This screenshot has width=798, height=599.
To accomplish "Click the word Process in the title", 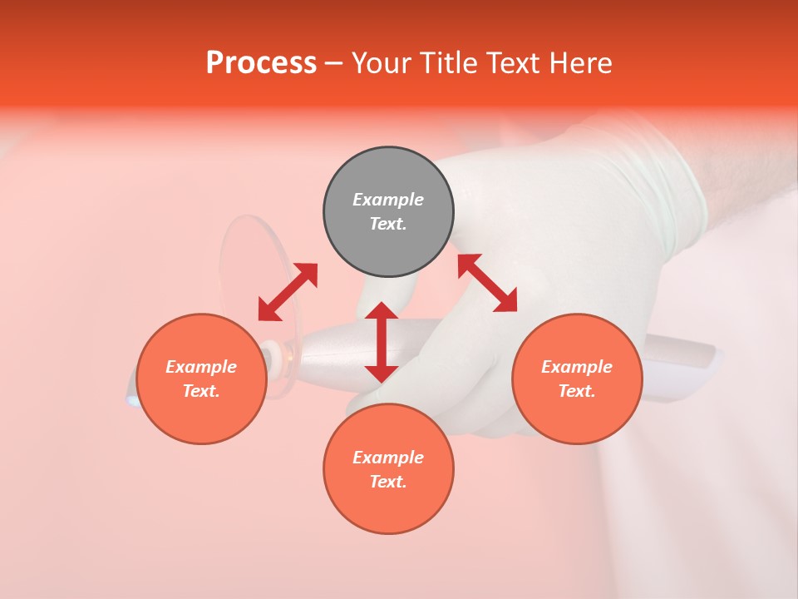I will [261, 63].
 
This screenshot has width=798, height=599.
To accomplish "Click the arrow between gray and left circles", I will [288, 292].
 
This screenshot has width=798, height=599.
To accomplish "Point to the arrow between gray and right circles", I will [487, 283].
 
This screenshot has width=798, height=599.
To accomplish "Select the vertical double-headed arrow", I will [382, 342].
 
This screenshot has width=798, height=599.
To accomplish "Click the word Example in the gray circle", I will [388, 200].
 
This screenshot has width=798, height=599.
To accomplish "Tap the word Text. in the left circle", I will [201, 391].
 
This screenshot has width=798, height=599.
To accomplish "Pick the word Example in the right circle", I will [577, 367].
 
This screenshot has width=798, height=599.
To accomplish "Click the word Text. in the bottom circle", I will [388, 482].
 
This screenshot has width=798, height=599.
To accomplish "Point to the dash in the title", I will [333, 63].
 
